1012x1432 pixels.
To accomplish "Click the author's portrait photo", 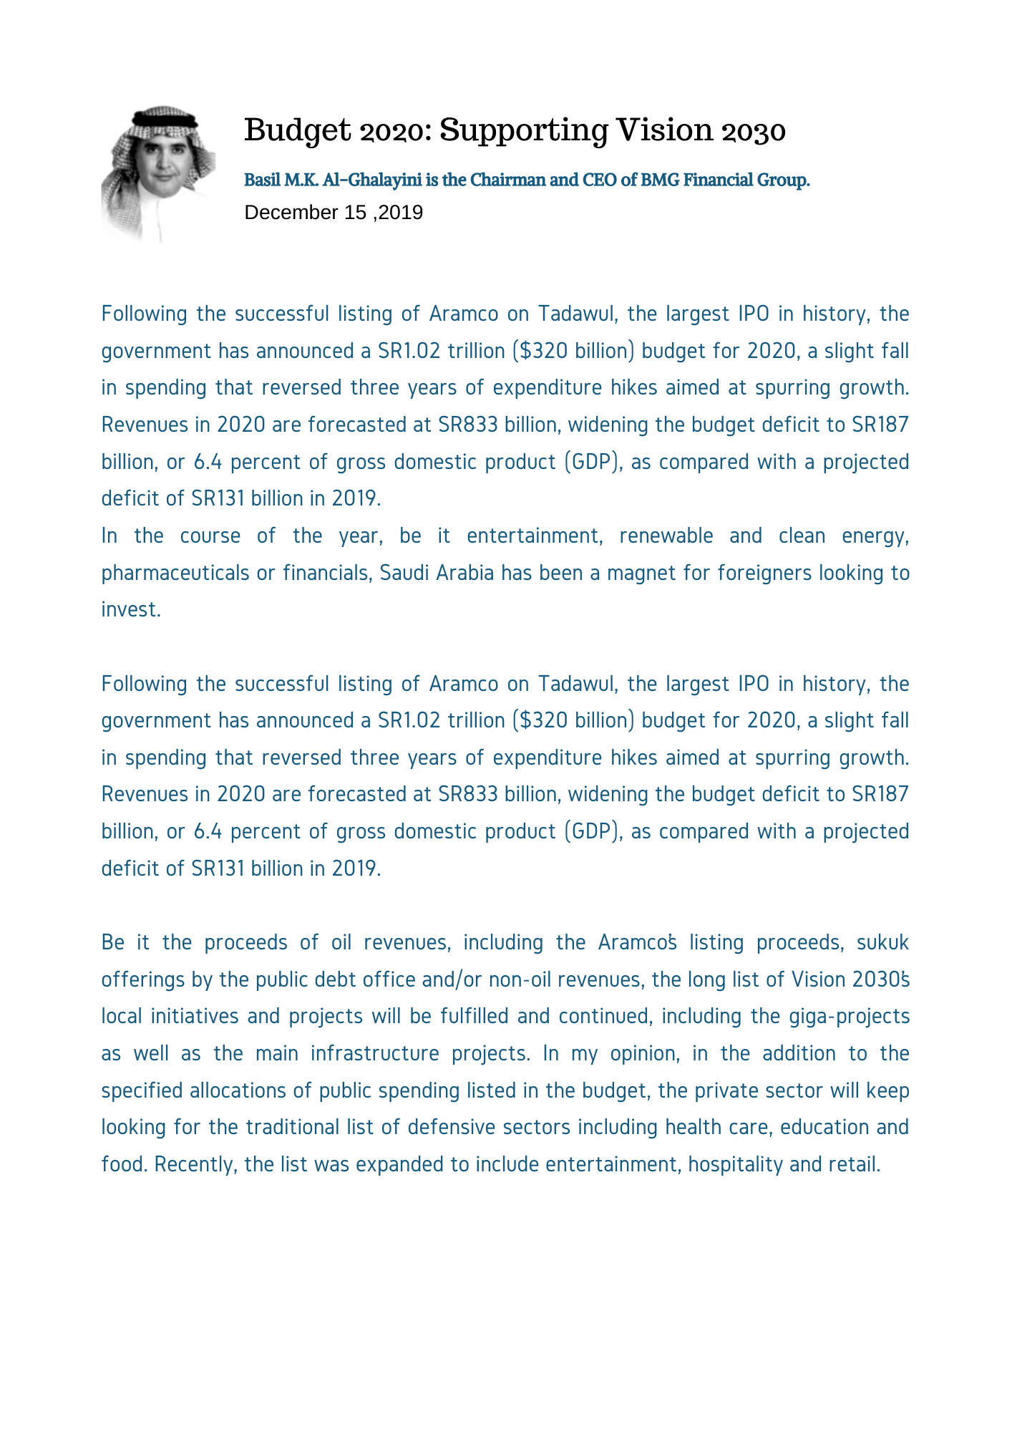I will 158,174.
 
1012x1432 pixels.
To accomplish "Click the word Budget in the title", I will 288,131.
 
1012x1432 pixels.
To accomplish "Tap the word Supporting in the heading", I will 522,131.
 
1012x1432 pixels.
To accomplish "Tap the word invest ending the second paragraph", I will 128,610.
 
